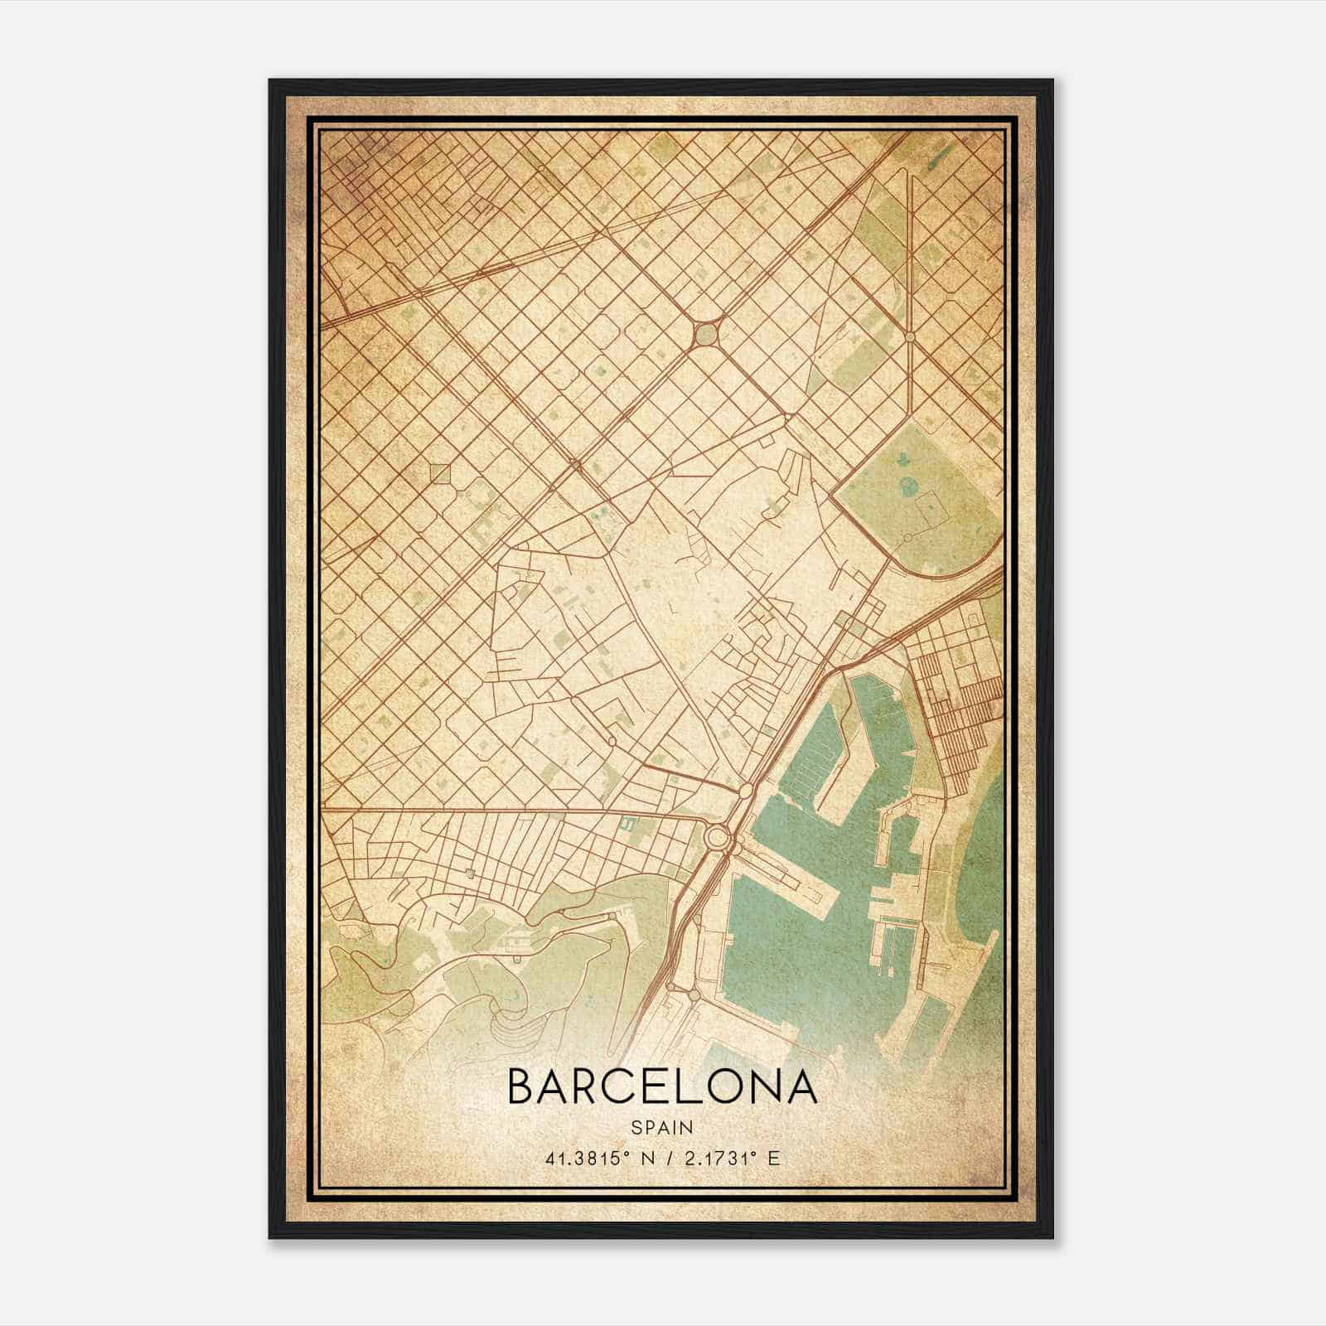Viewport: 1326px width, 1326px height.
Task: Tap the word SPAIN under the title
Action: point(661,1128)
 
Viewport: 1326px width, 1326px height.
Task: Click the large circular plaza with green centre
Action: point(705,335)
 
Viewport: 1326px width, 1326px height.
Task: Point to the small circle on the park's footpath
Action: point(908,538)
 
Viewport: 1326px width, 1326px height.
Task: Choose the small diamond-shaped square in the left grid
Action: point(440,473)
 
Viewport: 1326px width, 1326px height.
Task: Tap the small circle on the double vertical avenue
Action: point(910,337)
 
